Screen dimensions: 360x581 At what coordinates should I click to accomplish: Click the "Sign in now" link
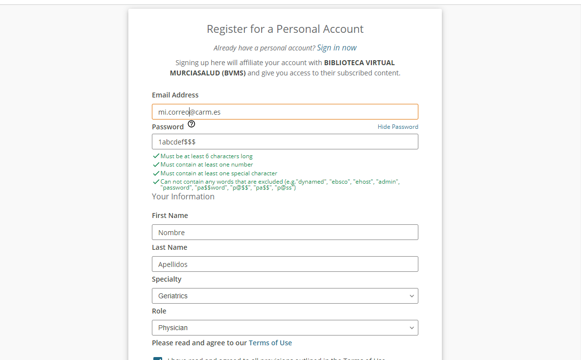pos(337,48)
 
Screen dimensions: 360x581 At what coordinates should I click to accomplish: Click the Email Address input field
pos(285,112)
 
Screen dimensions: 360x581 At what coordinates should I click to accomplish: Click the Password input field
pos(285,142)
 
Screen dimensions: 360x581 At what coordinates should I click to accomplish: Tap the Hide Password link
pos(397,127)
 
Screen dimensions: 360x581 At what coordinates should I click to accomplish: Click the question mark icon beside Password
pos(192,124)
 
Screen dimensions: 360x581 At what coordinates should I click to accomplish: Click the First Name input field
pos(285,232)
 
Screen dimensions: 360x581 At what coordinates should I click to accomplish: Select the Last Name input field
pos(285,264)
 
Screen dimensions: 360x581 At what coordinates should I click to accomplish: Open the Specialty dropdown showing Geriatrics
pos(285,296)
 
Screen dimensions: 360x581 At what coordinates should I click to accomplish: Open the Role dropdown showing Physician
pos(285,328)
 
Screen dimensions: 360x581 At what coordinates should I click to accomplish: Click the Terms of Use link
pos(270,343)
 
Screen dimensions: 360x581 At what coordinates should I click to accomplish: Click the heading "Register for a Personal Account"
pos(285,29)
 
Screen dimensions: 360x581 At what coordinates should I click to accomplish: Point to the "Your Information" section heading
pos(183,196)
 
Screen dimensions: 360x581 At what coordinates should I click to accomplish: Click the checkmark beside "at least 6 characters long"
pos(156,156)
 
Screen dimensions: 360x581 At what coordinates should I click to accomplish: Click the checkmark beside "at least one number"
pos(156,165)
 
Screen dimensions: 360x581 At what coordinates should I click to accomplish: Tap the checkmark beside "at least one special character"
pos(156,173)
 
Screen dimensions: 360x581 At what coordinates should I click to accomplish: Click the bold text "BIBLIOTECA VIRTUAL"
pos(359,63)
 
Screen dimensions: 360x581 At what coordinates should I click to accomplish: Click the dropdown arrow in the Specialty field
pos(412,296)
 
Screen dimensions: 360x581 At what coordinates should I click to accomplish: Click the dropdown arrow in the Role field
pos(412,328)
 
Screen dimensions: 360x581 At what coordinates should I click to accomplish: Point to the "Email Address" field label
pos(175,95)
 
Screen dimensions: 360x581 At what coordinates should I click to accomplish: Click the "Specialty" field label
pos(167,279)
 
